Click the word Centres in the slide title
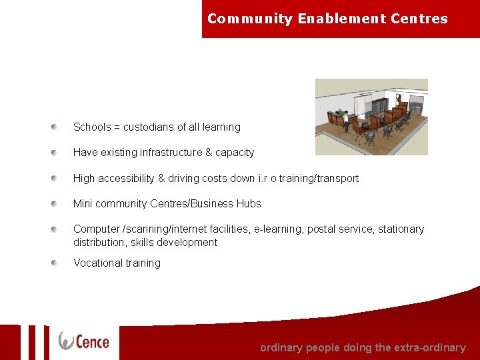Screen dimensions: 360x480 (x=422, y=19)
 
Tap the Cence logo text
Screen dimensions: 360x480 (x=93, y=341)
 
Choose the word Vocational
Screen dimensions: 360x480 (x=97, y=263)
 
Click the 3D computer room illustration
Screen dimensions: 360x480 (x=371, y=117)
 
